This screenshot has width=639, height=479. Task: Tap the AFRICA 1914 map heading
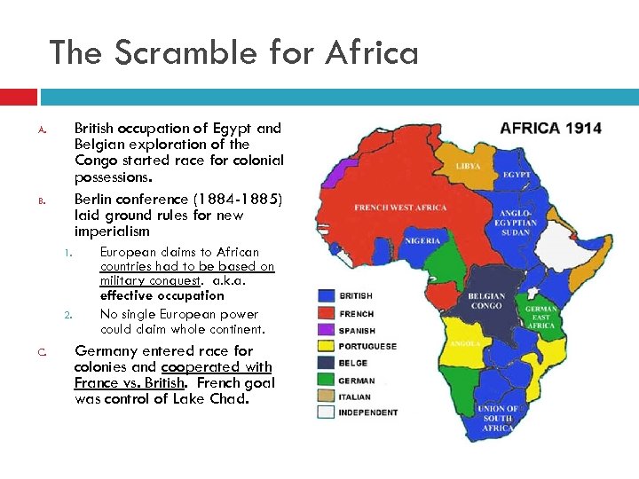(x=550, y=128)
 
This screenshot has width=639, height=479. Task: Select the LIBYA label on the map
(x=469, y=166)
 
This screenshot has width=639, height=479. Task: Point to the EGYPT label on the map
(x=517, y=175)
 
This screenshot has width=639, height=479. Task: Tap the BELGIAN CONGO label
(x=486, y=302)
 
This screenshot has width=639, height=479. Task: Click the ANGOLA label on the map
(x=465, y=343)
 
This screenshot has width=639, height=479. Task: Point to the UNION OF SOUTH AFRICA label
(x=498, y=419)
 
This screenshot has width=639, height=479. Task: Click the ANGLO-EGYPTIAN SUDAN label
(x=516, y=222)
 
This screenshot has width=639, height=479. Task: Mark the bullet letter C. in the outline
(x=42, y=352)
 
